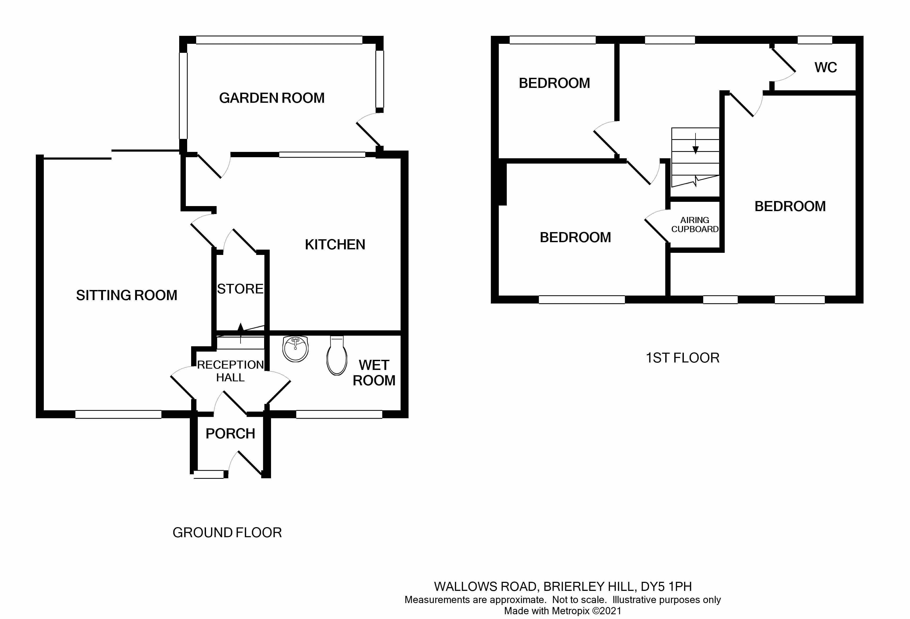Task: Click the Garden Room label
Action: tap(272, 98)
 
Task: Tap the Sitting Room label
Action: tap(126, 295)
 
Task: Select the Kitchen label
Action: tap(335, 245)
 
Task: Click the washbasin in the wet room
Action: tap(295, 348)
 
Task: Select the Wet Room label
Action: tap(374, 373)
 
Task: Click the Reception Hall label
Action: tap(230, 371)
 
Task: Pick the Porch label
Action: tap(230, 434)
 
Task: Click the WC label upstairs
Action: tap(825, 68)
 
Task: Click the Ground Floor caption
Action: tap(227, 533)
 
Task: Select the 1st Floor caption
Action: tap(682, 358)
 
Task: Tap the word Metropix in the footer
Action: tap(570, 611)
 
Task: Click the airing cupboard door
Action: tap(657, 230)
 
